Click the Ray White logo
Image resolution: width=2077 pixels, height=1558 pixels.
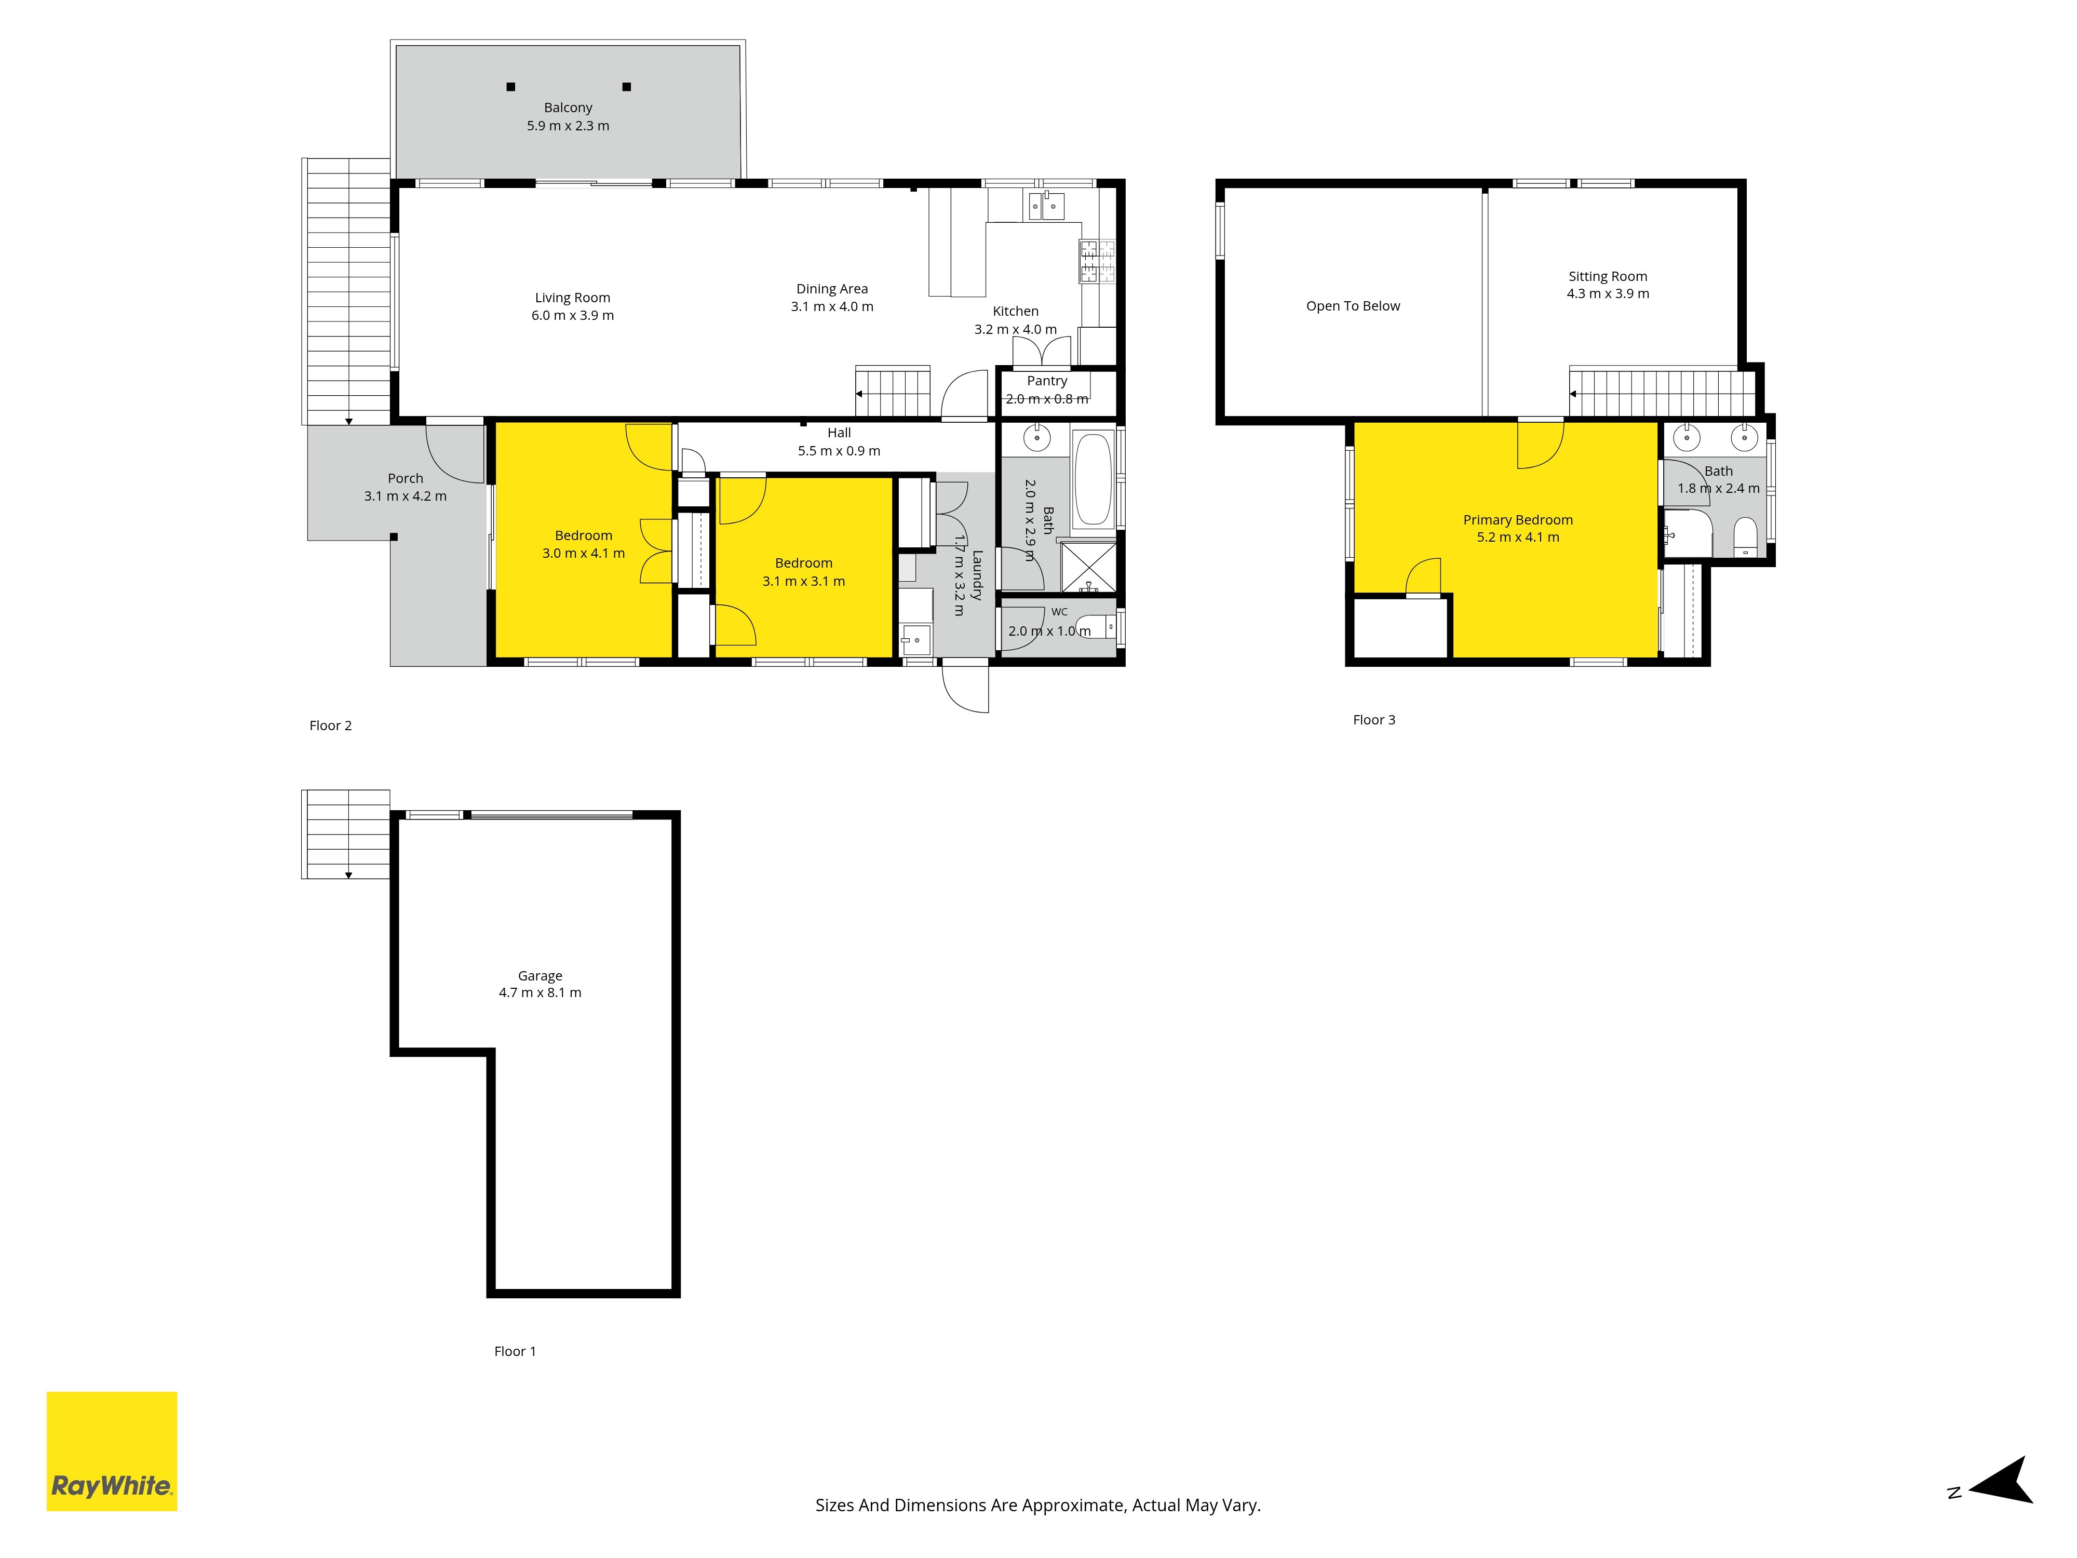point(112,1451)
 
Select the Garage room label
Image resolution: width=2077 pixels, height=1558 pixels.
point(540,976)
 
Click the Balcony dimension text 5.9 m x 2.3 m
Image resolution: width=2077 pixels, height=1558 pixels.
point(568,126)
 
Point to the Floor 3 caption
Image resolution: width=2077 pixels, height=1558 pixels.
point(1374,720)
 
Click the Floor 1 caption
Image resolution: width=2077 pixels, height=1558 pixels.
point(515,1351)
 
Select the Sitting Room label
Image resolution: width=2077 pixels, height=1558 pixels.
point(1608,276)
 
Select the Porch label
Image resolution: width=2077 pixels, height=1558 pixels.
point(406,478)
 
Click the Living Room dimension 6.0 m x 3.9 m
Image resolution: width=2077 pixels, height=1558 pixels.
point(573,316)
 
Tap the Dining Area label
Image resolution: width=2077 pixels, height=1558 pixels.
point(832,289)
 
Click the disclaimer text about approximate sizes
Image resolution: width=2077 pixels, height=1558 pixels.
point(1037,1506)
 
